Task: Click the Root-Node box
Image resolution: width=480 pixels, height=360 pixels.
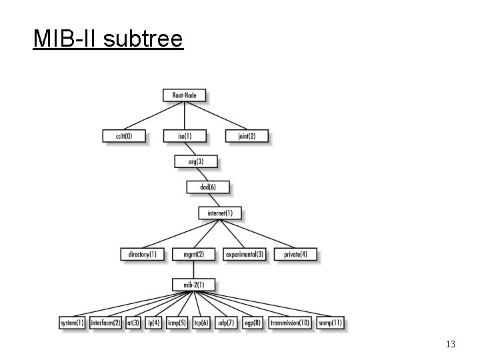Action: [x=184, y=95]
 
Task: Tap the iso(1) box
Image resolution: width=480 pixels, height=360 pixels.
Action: [x=185, y=136]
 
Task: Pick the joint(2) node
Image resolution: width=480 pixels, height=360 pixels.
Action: [x=247, y=136]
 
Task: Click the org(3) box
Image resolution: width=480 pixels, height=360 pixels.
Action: [x=196, y=161]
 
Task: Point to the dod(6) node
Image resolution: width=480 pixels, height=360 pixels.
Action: [x=208, y=187]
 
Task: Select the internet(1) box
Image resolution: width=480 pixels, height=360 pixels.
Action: [x=220, y=213]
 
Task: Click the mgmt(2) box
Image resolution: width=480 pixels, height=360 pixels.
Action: [x=193, y=254]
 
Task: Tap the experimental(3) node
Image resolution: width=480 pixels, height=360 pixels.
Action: [x=245, y=254]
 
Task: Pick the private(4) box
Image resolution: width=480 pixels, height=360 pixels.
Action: [x=295, y=254]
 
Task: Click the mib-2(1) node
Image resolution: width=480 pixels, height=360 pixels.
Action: [x=193, y=285]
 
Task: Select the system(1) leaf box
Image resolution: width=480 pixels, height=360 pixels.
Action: [x=73, y=323]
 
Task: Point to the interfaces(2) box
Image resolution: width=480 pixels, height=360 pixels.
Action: [x=106, y=323]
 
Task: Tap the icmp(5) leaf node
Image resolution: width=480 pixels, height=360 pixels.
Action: [x=177, y=323]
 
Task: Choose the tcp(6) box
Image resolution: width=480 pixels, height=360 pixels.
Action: [x=201, y=323]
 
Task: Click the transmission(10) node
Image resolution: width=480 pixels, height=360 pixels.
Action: [x=290, y=323]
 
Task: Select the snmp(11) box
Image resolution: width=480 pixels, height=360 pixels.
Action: [x=330, y=323]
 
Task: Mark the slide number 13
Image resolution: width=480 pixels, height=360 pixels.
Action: [x=450, y=344]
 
